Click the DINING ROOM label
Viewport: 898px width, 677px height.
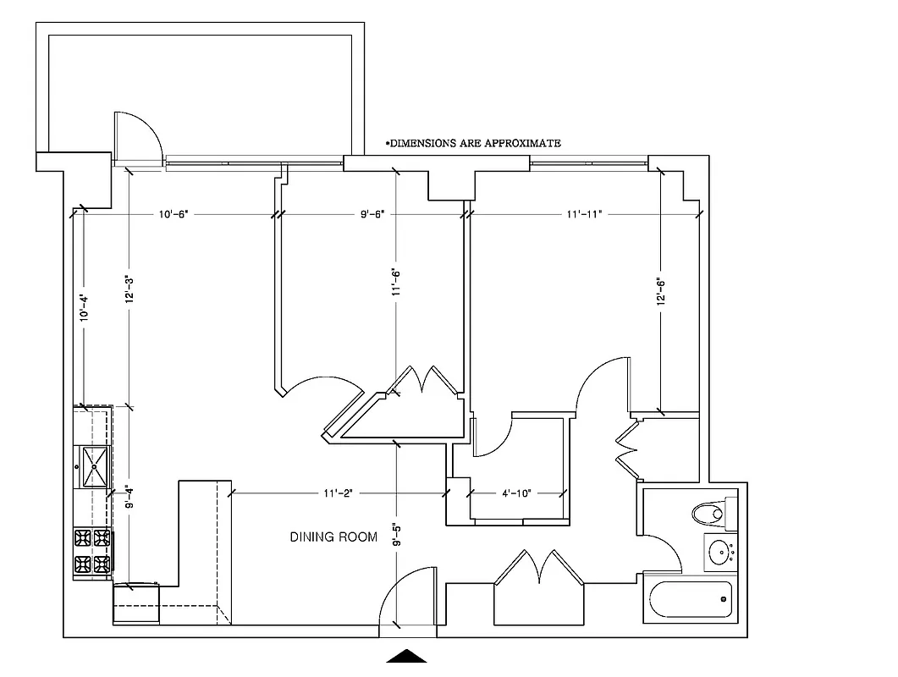pyautogui.click(x=333, y=537)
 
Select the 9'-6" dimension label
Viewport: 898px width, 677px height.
pyautogui.click(x=372, y=214)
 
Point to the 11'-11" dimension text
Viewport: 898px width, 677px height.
pyautogui.click(x=584, y=214)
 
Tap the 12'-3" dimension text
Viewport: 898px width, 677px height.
pyautogui.click(x=128, y=291)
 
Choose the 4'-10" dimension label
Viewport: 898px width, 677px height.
pyautogui.click(x=517, y=492)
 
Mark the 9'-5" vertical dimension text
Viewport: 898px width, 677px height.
pyautogui.click(x=397, y=537)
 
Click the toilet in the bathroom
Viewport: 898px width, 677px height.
pyautogui.click(x=708, y=512)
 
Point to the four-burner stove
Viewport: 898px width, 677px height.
pyautogui.click(x=92, y=551)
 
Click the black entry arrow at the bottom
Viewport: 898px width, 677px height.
pyautogui.click(x=408, y=656)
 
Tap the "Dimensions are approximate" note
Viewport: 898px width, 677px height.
pyautogui.click(x=473, y=144)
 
